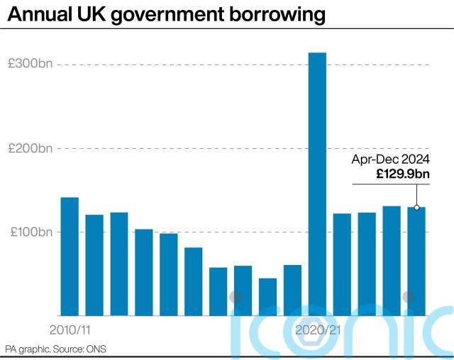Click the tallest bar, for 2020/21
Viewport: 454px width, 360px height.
pos(317,184)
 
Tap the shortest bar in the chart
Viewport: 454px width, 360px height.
pos(267,297)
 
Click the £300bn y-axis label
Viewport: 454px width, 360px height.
pos(30,64)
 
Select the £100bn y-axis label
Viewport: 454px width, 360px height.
pos(30,232)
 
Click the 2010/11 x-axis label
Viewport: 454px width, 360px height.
pos(70,330)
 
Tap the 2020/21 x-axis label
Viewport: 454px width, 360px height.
pos(317,330)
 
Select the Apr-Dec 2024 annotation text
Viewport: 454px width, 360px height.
pos(391,159)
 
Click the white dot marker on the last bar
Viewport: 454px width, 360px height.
pos(416,208)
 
